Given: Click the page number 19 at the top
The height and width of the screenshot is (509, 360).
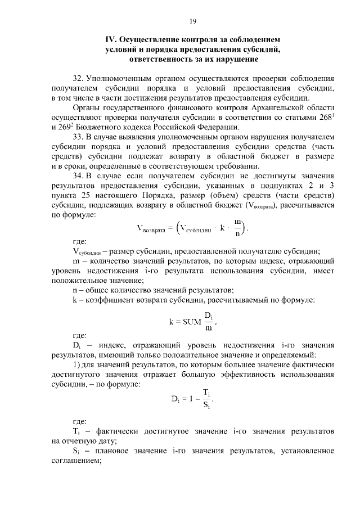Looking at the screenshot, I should tap(192, 21).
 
